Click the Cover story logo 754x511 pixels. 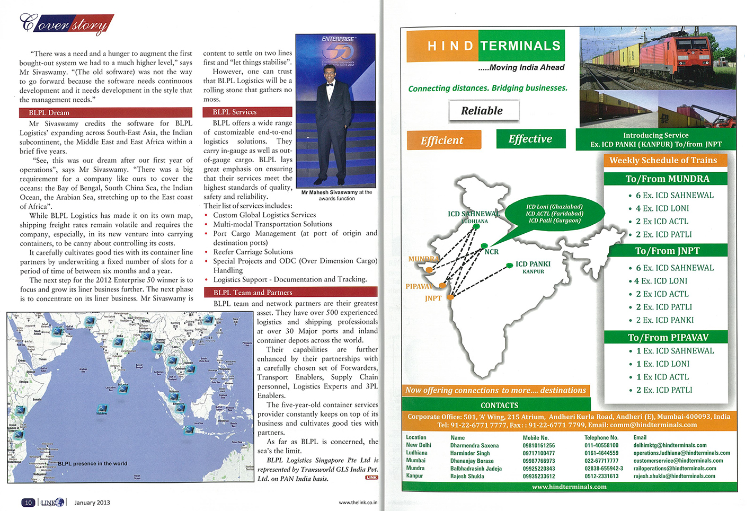click(x=66, y=24)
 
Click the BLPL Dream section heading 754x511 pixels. click(x=49, y=112)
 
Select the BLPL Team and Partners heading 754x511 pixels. click(x=252, y=292)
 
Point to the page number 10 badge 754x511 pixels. click(x=28, y=503)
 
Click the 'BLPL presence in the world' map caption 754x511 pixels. click(x=92, y=463)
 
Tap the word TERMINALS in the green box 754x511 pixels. click(x=520, y=46)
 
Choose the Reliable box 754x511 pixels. click(x=483, y=111)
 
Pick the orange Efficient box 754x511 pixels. click(x=443, y=140)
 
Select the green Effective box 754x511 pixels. click(x=530, y=139)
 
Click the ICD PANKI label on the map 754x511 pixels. click(x=533, y=264)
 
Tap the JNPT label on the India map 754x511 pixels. click(x=433, y=298)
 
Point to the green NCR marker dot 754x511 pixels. click(x=484, y=245)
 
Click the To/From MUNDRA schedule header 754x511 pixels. click(x=667, y=179)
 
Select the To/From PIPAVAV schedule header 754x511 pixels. click(x=668, y=337)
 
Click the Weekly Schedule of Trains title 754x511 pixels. click(x=663, y=160)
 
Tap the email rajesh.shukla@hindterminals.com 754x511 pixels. click(x=674, y=476)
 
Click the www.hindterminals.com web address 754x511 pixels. click(x=569, y=487)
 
